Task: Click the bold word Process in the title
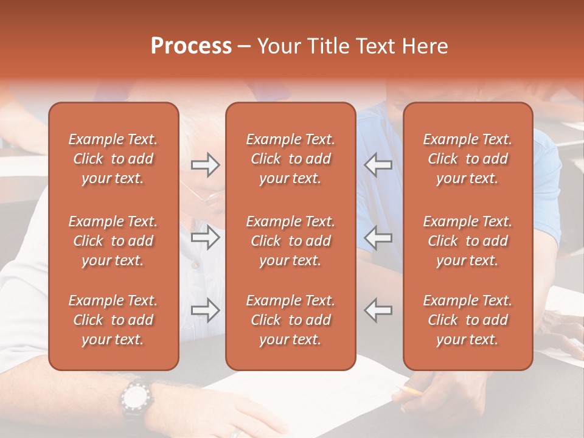point(191,46)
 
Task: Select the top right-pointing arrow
point(206,165)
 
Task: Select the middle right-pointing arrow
point(206,238)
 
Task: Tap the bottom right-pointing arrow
point(206,310)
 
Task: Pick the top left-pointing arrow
point(378,165)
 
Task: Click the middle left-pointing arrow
point(378,238)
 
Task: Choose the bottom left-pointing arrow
point(378,310)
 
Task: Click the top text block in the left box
point(113,159)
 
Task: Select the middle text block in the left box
point(113,241)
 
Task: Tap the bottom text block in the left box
point(113,320)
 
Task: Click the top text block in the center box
point(291,159)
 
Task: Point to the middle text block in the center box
point(291,241)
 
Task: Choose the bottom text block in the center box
point(291,320)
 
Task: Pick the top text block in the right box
point(468,159)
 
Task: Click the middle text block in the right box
point(468,241)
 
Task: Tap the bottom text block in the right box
point(468,320)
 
